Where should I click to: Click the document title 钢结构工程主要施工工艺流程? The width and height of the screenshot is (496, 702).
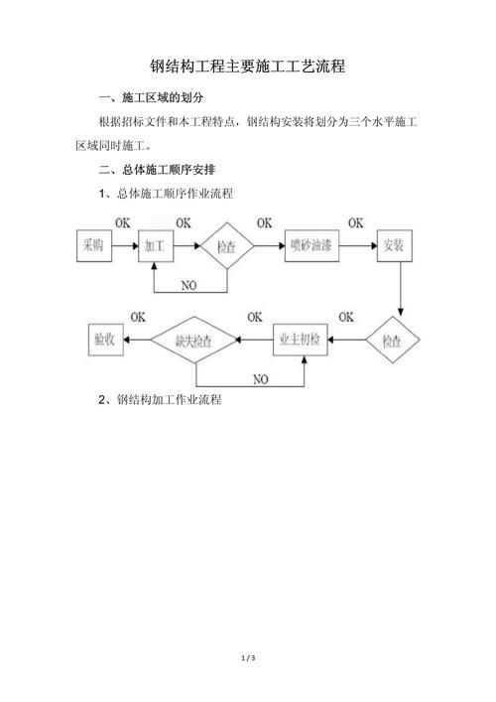point(247,67)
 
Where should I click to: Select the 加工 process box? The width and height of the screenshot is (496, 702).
point(155,244)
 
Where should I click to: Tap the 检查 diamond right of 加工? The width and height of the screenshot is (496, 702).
point(226,246)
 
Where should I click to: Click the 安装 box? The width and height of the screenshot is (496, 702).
point(396,244)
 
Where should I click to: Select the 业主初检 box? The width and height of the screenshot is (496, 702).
point(301,340)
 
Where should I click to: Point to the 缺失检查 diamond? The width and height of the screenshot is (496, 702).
point(194,340)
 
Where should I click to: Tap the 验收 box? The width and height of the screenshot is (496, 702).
point(103,340)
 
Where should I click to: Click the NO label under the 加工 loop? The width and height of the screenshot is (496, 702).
point(189,284)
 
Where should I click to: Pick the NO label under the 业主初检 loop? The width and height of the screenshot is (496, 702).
point(259,379)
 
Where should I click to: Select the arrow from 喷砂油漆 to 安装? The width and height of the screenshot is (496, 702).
point(359,244)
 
